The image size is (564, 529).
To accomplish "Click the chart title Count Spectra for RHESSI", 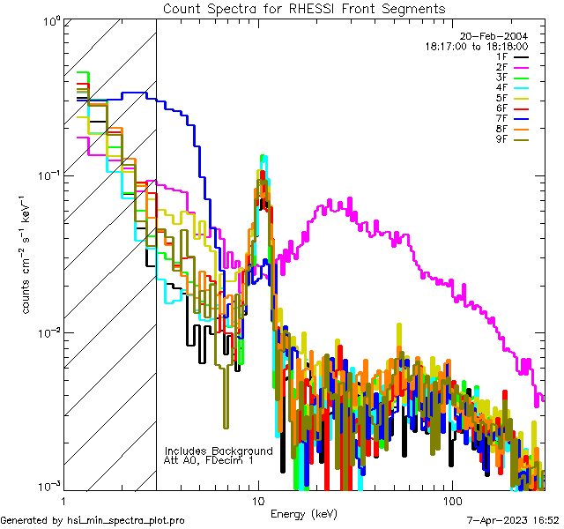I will tap(304, 8).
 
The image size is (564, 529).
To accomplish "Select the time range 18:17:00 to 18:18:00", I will tap(476, 47).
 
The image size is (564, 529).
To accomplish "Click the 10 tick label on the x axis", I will tap(258, 499).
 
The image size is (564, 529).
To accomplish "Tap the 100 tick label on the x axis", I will tap(451, 499).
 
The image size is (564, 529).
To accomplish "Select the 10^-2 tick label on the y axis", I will tap(46, 332).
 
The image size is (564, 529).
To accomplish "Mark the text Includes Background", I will tap(219, 451).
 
